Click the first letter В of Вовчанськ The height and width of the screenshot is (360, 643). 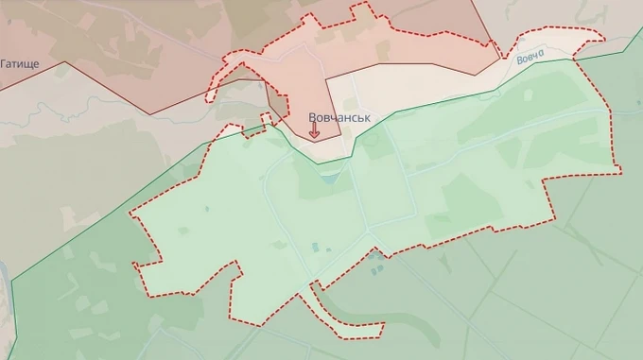[x=313, y=118]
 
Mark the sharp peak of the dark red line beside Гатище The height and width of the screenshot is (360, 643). [x=65, y=62]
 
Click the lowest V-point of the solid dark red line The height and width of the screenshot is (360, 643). [x=149, y=114]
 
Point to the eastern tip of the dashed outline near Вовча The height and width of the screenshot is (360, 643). [x=602, y=37]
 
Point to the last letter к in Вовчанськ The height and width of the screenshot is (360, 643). [x=367, y=118]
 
